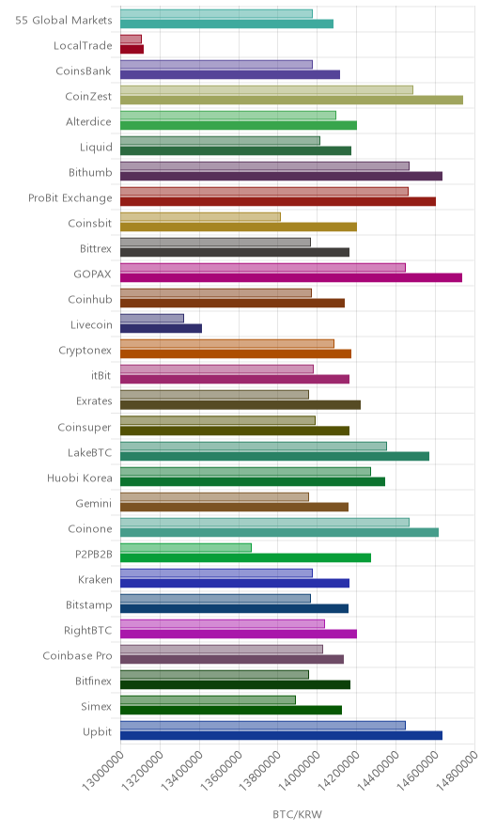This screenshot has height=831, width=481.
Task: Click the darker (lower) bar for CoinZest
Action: coord(291,101)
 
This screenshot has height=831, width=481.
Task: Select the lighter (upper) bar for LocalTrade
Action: coord(131,39)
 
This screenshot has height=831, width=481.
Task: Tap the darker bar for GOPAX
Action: coord(291,277)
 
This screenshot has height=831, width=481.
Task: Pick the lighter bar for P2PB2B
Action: coord(186,547)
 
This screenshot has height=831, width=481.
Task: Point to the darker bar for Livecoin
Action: coord(161,329)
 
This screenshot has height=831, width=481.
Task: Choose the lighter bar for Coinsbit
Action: coord(200,217)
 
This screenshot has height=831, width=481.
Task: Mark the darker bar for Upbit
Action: coord(281,736)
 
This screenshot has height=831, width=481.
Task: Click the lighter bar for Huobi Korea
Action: coord(245,471)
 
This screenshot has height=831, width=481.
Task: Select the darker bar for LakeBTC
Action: coord(274,456)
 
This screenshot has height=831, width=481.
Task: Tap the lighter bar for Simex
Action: coord(208,700)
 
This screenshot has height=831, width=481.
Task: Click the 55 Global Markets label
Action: coord(64,20)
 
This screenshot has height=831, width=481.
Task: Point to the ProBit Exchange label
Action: coord(70,198)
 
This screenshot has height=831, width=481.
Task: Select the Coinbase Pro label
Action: coord(77,655)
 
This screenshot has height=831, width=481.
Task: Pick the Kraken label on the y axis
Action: coord(95,579)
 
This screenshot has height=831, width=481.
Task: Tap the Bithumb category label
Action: coord(90,172)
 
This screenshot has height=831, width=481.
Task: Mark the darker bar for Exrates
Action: coord(240,405)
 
